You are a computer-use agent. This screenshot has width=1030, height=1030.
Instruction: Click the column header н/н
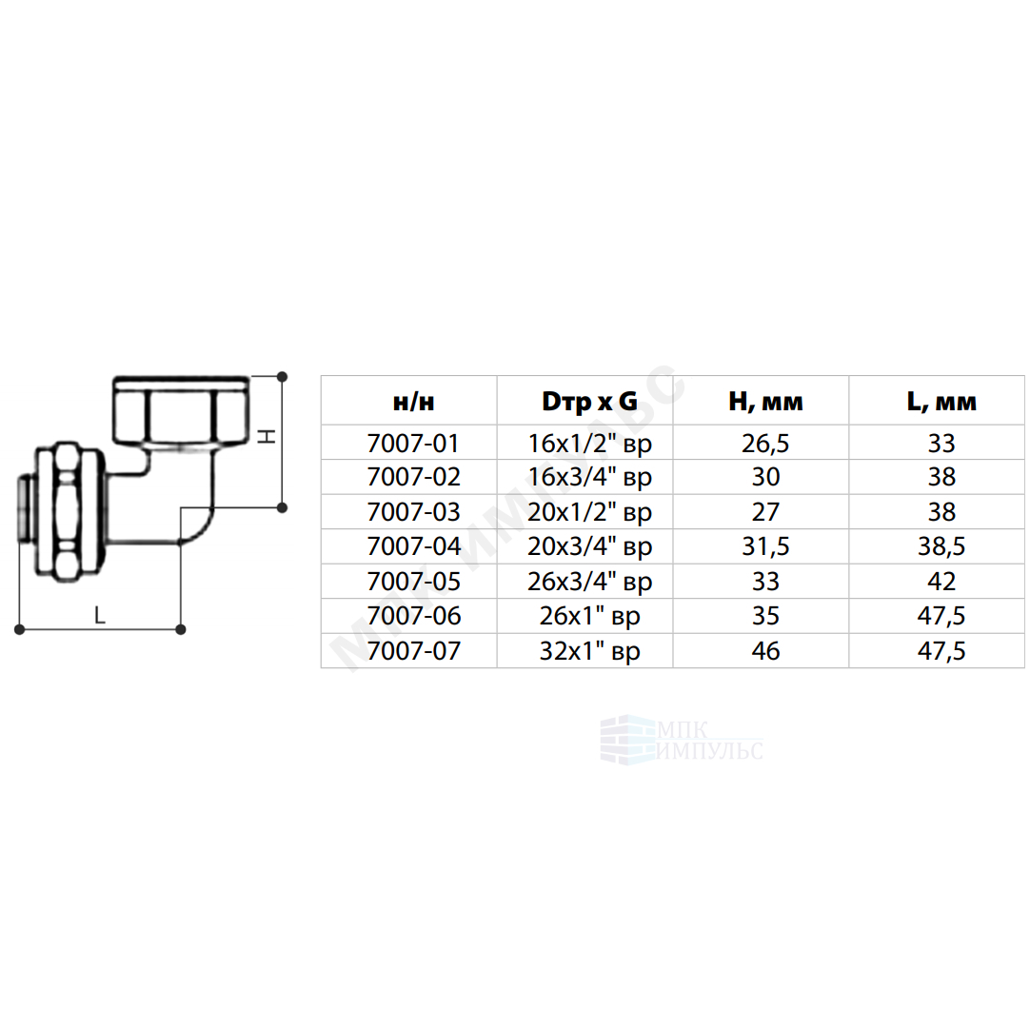[413, 402]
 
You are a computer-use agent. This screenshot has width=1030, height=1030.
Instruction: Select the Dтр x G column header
[589, 402]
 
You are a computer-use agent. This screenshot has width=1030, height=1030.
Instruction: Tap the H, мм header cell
[765, 402]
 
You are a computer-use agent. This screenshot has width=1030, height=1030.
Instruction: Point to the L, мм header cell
[941, 402]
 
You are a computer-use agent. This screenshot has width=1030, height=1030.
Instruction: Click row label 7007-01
[413, 444]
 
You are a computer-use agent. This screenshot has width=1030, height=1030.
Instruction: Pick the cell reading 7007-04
[413, 545]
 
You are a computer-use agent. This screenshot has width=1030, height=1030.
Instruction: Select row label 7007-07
[413, 650]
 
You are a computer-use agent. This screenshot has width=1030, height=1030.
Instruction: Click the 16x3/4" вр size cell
[589, 478]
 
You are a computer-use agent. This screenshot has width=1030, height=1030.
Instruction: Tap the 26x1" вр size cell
[589, 616]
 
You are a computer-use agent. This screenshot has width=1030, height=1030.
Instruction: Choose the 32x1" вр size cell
[589, 651]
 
